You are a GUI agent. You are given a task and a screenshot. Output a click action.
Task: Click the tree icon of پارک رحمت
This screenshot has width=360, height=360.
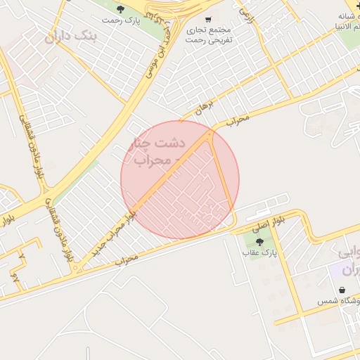[x=120, y=9]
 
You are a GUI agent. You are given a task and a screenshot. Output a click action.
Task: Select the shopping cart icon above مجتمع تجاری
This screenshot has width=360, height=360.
[x=208, y=20]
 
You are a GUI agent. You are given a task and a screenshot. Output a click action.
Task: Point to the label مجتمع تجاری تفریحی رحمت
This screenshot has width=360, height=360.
[x=210, y=35]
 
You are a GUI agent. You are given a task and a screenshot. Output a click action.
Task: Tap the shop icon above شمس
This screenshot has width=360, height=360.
[x=342, y=290]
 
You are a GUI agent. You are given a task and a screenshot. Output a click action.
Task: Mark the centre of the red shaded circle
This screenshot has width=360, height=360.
[x=180, y=180]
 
